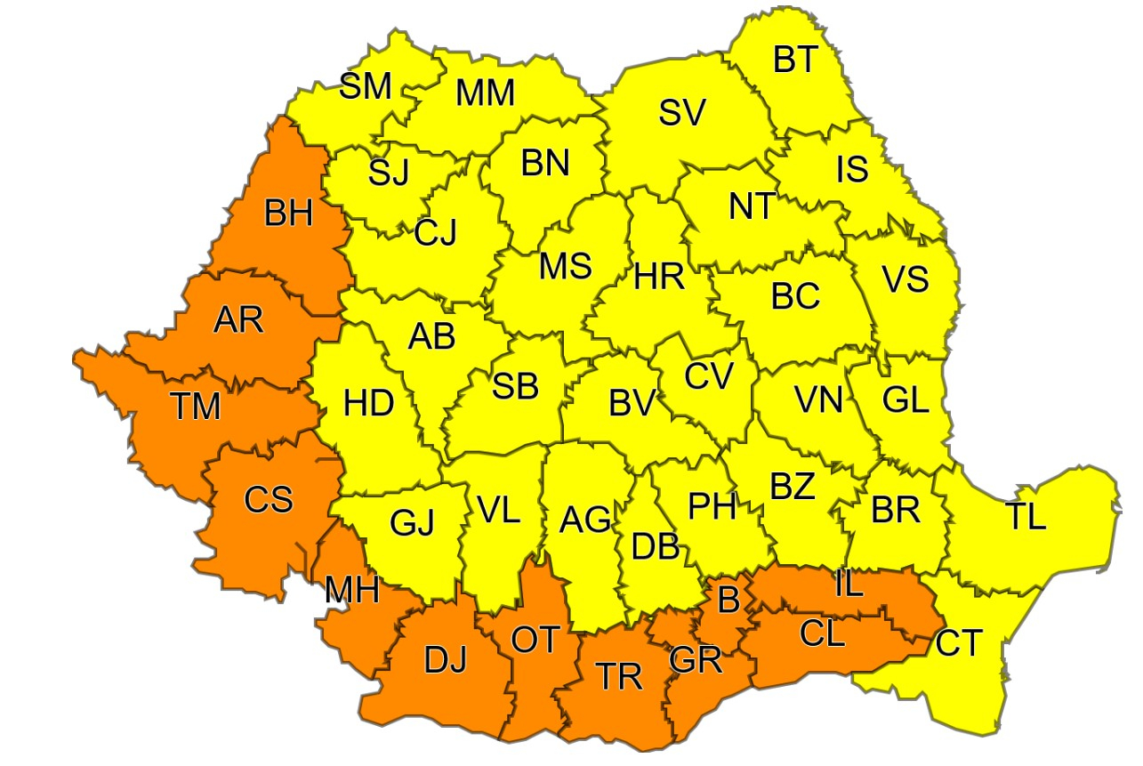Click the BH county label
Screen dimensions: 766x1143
click(x=288, y=214)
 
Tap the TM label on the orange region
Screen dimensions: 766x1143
click(x=196, y=407)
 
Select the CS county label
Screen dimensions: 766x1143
click(x=269, y=499)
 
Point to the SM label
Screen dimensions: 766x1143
click(x=366, y=86)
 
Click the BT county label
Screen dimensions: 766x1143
click(x=794, y=60)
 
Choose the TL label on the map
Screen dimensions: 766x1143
click(x=1026, y=517)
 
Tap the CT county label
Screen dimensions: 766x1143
click(x=959, y=641)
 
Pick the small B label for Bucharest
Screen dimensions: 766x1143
click(x=728, y=601)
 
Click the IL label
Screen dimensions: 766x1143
click(x=849, y=584)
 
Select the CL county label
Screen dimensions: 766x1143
click(x=823, y=634)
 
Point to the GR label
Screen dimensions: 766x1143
click(x=696, y=661)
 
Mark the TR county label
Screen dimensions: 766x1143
click(x=619, y=677)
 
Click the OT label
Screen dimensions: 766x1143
click(x=535, y=639)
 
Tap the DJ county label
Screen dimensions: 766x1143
click(x=445, y=661)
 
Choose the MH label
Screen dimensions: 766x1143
click(x=351, y=589)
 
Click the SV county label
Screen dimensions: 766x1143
click(x=682, y=112)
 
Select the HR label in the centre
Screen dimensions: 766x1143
click(x=659, y=278)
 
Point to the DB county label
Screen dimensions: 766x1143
click(x=656, y=546)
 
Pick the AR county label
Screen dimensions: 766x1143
click(x=238, y=318)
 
